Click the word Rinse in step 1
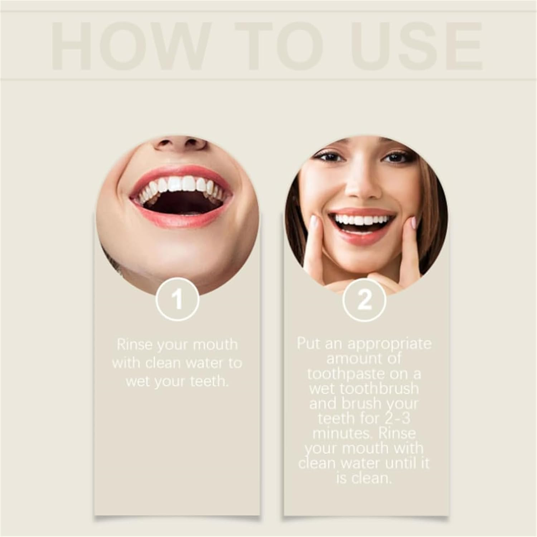tap(135, 345)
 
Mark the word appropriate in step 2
tap(390, 344)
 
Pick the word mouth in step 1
tap(215, 345)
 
